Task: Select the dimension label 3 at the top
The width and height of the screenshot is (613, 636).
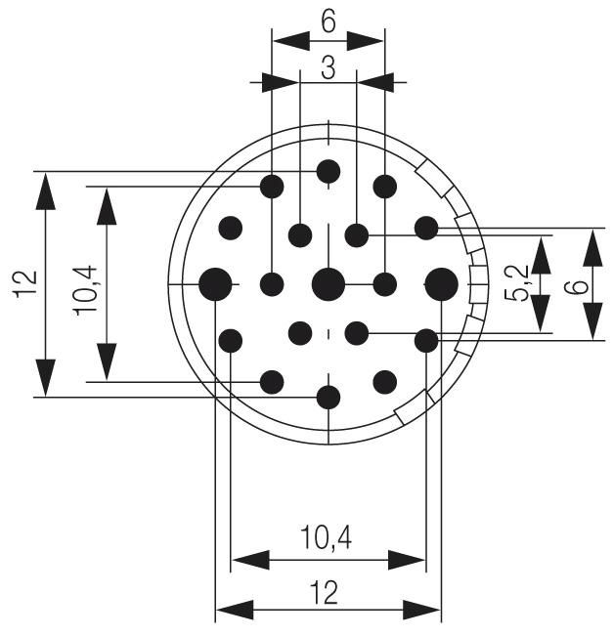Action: click(328, 67)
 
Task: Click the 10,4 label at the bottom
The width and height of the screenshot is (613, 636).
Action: click(327, 538)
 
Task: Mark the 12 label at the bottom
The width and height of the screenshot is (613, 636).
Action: click(324, 592)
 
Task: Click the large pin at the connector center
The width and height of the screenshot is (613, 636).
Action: click(328, 285)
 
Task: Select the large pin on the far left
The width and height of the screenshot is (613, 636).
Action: click(215, 285)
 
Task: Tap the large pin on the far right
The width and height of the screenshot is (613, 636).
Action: click(442, 285)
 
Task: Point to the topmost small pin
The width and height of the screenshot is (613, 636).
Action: click(328, 172)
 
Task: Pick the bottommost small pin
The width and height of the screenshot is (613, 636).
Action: click(328, 398)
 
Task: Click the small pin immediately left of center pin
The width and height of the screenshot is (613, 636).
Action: click(273, 285)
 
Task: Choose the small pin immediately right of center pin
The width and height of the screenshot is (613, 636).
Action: click(385, 285)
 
